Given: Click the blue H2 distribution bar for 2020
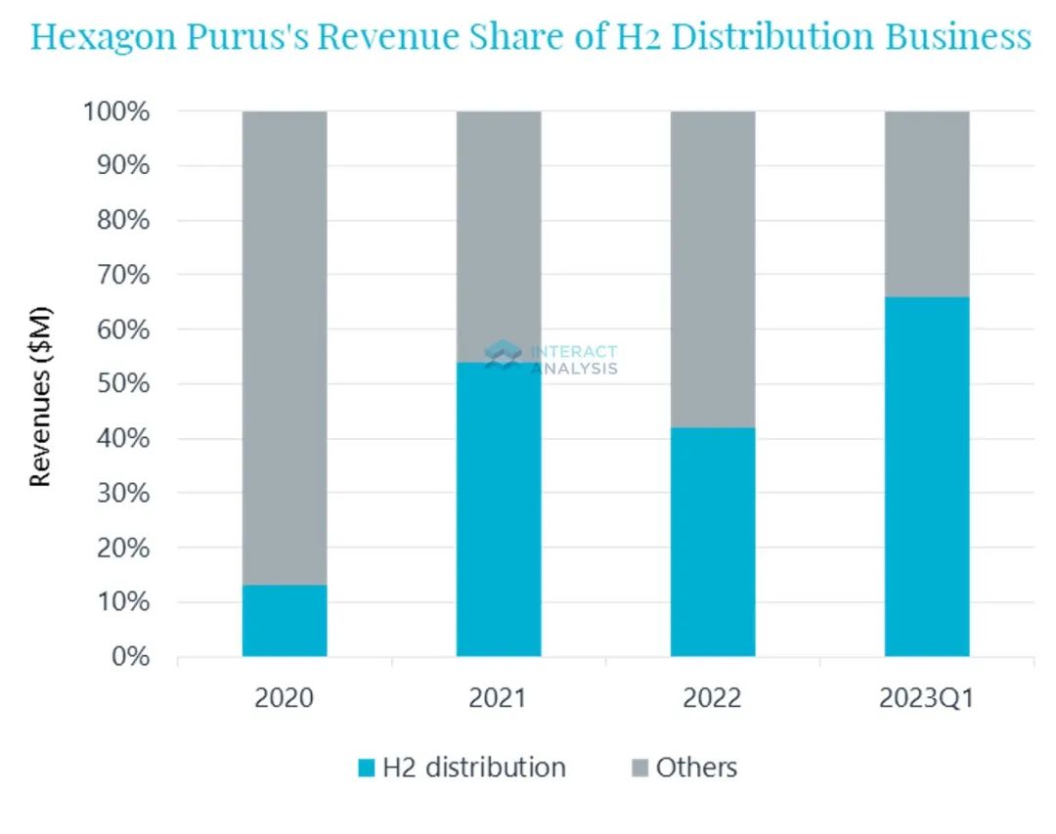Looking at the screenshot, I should click(x=285, y=620).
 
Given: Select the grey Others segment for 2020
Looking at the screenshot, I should click(x=285, y=347).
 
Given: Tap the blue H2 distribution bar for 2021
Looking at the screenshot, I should click(x=499, y=508).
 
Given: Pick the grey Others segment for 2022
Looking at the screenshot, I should click(x=713, y=269).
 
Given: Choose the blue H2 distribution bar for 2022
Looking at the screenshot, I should click(x=713, y=542).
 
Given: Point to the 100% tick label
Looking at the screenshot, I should click(x=115, y=111).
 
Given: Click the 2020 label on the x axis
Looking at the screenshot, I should click(x=285, y=699).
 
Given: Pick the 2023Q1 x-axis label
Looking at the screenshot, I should click(x=927, y=699).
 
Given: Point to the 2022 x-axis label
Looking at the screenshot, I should click(x=713, y=699).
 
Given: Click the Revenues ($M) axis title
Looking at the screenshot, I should click(x=40, y=397).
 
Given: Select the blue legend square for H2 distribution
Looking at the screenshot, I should click(x=367, y=768).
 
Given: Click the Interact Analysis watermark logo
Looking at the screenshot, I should click(x=503, y=355).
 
